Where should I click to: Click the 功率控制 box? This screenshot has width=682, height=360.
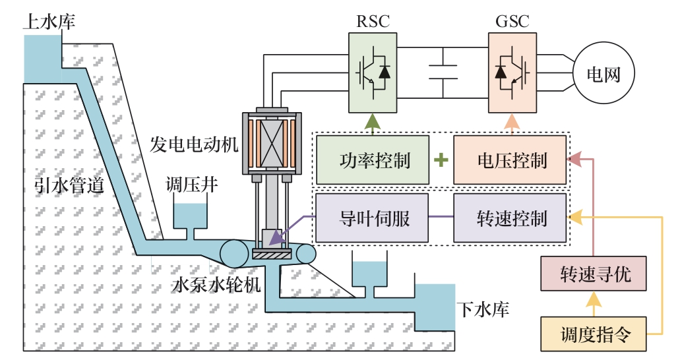pyautogui.click(x=372, y=160)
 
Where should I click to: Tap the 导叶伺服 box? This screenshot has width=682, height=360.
pyautogui.click(x=372, y=218)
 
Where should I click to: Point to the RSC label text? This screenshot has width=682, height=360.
pyautogui.click(x=373, y=20)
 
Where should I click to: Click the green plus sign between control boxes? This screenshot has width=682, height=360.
pyautogui.click(x=441, y=160)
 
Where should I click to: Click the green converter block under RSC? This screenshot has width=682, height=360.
pyautogui.click(x=373, y=73)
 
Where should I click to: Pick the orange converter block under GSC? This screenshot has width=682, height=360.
pyautogui.click(x=512, y=73)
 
